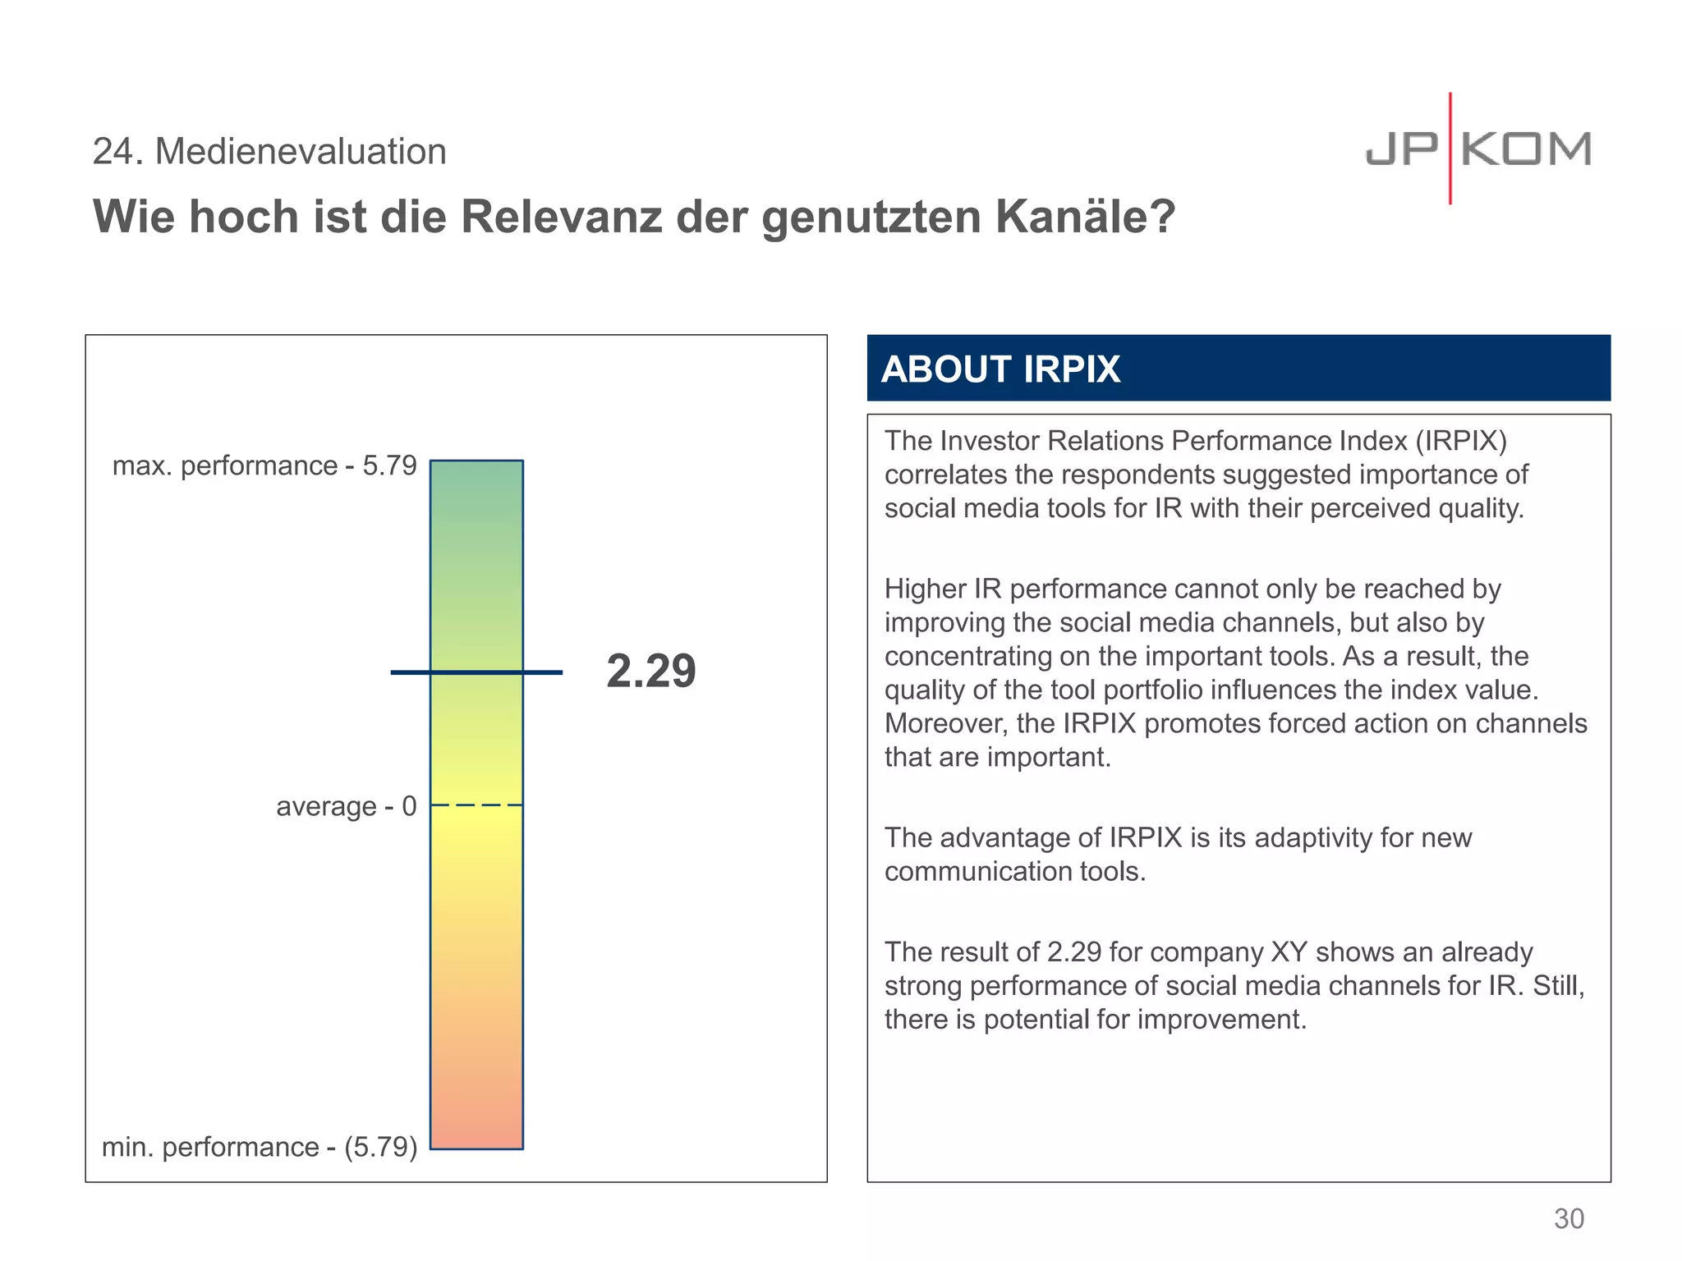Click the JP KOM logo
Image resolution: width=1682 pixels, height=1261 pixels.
click(x=1478, y=149)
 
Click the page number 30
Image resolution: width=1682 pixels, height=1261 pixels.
click(x=1568, y=1218)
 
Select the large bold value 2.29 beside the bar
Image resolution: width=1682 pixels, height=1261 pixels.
click(x=651, y=671)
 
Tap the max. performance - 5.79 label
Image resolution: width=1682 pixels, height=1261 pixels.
click(x=264, y=465)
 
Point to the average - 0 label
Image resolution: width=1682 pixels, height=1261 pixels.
click(x=346, y=806)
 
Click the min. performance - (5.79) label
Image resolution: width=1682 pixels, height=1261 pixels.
click(x=260, y=1146)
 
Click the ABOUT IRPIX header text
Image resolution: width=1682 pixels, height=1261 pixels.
click(x=1000, y=369)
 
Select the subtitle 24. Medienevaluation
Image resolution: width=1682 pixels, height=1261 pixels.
click(x=269, y=152)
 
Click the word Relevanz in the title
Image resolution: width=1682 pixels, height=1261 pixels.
click(x=561, y=217)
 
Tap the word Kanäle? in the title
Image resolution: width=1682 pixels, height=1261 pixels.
click(x=1085, y=217)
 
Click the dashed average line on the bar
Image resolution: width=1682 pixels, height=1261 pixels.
click(x=476, y=805)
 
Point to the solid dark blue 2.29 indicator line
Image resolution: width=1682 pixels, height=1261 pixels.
click(x=476, y=672)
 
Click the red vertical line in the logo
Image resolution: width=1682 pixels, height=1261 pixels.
click(x=1450, y=148)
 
